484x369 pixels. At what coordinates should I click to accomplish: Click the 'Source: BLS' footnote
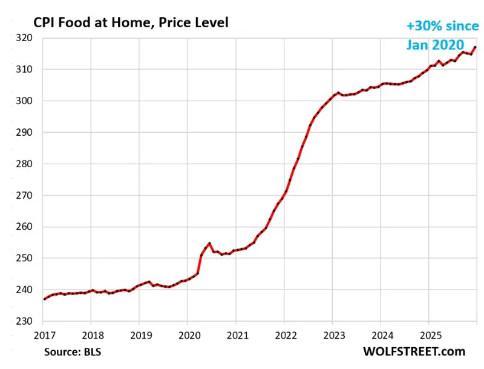click(73, 351)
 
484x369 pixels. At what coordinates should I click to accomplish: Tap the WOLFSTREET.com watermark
click(414, 351)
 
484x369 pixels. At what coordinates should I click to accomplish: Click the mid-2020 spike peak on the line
click(209, 244)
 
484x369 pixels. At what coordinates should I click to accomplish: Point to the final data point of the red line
click(476, 47)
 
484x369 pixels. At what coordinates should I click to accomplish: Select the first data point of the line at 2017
click(44, 299)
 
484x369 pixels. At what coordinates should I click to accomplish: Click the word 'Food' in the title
click(72, 23)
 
